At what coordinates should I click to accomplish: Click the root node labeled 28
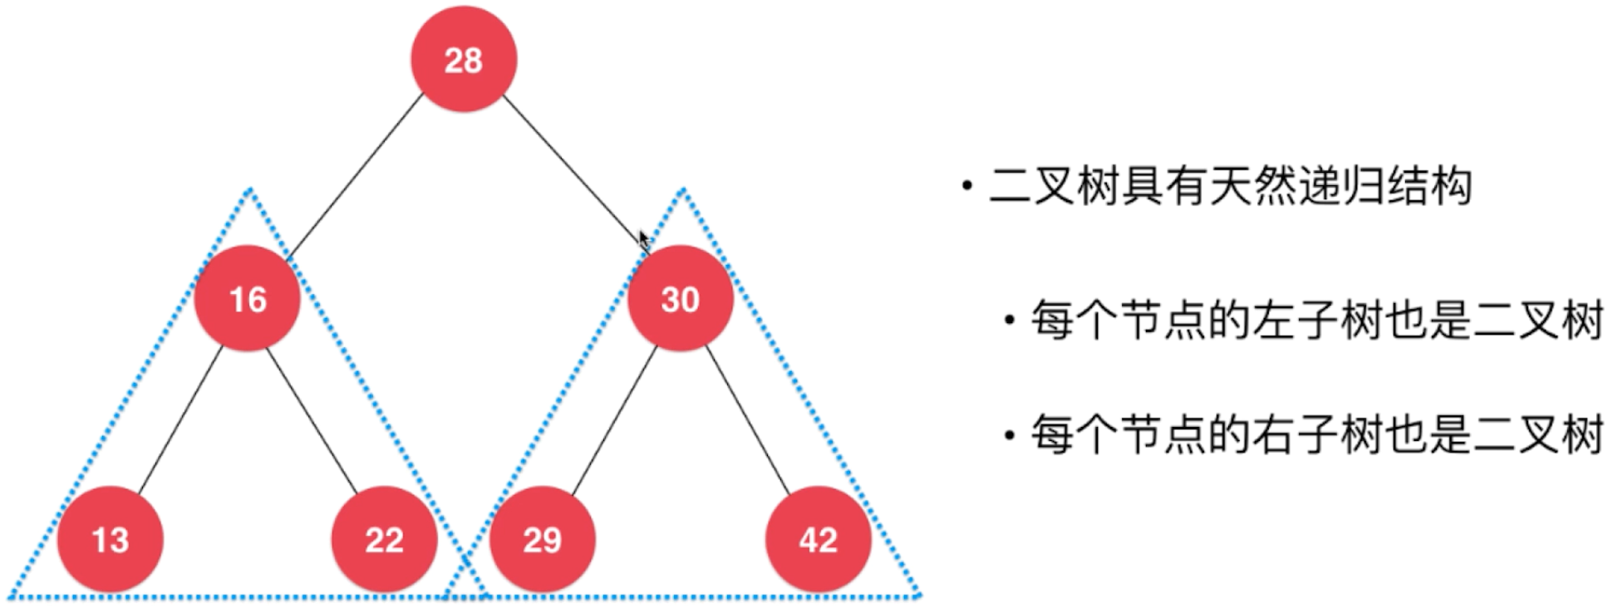click(464, 60)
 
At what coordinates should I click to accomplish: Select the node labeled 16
click(247, 299)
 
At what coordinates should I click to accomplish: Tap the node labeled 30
click(680, 299)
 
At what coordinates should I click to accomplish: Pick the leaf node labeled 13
click(110, 540)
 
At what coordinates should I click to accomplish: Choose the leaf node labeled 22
click(384, 540)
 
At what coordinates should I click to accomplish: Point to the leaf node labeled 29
click(542, 540)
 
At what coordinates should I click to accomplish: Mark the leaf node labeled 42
click(818, 540)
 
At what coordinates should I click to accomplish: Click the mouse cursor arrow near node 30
click(643, 240)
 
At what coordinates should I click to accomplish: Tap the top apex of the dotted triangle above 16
click(249, 191)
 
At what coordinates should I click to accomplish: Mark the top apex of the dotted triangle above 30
click(683, 191)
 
